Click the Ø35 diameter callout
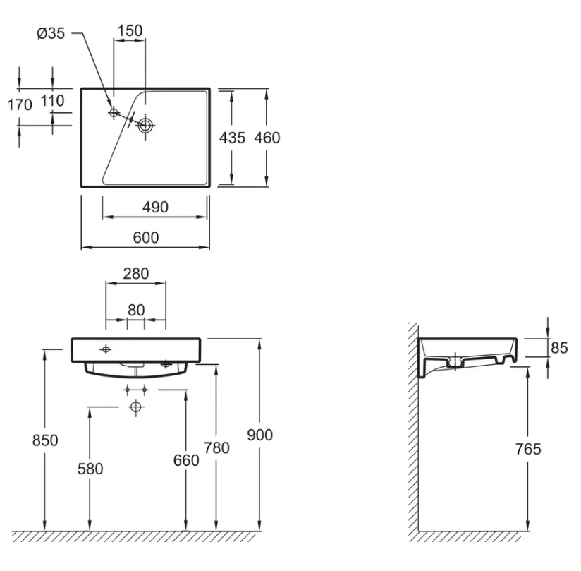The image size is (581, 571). click(x=51, y=33)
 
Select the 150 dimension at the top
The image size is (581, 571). click(x=130, y=31)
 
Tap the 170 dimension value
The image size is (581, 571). click(x=20, y=105)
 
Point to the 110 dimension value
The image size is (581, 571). click(x=52, y=100)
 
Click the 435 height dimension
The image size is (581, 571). click(x=232, y=138)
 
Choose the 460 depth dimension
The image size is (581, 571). click(x=267, y=138)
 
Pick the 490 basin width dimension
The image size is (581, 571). click(x=155, y=207)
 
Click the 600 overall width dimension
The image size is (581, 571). click(x=146, y=237)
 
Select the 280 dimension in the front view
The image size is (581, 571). click(x=136, y=274)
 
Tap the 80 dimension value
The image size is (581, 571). click(x=136, y=310)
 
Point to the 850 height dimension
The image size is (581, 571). click(x=45, y=440)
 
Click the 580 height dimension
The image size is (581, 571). click(x=90, y=469)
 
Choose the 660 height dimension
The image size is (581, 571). click(x=186, y=460)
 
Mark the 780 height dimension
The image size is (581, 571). click(x=216, y=447)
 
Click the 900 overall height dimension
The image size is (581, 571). click(x=259, y=435)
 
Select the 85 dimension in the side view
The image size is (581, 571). click(x=559, y=348)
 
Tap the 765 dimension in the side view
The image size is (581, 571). click(x=528, y=450)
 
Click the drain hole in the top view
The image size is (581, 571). click(x=146, y=126)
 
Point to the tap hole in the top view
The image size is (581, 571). click(x=114, y=112)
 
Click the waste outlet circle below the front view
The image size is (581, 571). click(x=136, y=407)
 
